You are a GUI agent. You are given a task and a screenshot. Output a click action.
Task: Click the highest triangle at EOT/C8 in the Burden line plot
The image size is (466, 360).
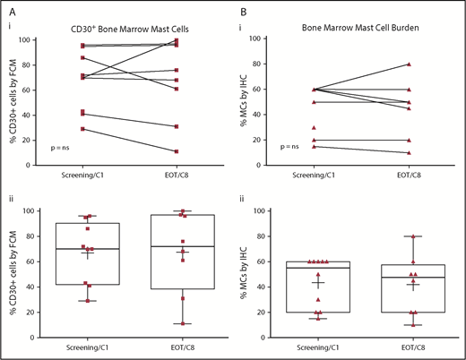tap(409, 64)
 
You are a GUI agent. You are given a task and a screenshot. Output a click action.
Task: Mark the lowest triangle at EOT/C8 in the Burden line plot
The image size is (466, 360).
tap(409, 152)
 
